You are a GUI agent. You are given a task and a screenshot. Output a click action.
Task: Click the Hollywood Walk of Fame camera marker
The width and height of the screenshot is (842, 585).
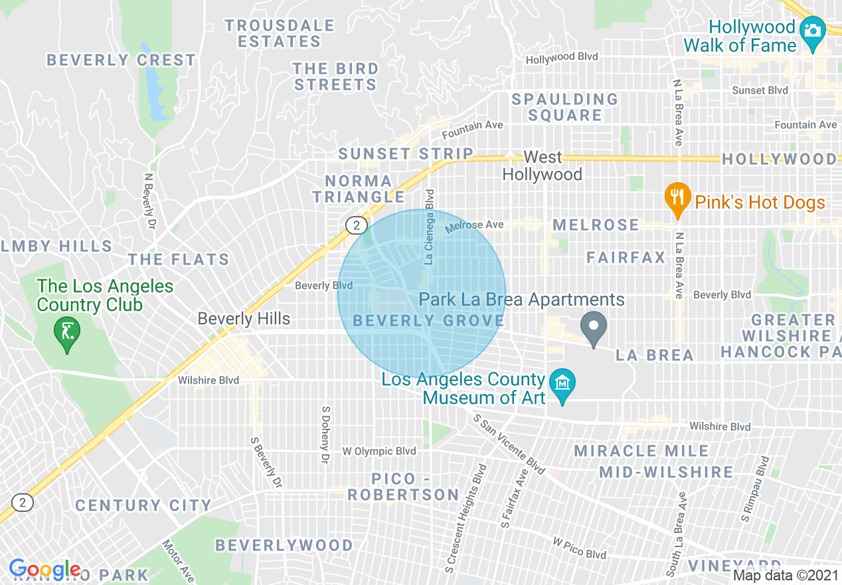click(x=811, y=31)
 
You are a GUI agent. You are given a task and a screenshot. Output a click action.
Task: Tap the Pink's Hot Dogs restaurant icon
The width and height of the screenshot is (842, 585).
click(x=677, y=197)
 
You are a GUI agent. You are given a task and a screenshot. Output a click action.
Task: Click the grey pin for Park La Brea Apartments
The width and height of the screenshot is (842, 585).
click(x=594, y=326)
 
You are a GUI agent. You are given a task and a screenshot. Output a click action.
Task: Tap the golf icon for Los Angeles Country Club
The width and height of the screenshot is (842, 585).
click(x=67, y=330)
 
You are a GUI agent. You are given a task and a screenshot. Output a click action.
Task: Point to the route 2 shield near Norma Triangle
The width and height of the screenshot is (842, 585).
click(x=357, y=225)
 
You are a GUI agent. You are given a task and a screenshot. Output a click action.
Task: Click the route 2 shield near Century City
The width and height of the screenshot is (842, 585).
click(x=23, y=502)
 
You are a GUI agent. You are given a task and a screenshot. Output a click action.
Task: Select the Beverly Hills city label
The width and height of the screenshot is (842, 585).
click(x=244, y=318)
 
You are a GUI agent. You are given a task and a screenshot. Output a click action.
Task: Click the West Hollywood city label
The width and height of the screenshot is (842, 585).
click(x=542, y=166)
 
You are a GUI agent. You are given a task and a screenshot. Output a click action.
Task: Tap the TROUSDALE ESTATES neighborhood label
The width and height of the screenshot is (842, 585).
click(x=279, y=33)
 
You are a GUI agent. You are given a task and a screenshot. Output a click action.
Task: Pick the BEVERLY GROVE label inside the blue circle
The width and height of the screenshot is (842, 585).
click(x=428, y=321)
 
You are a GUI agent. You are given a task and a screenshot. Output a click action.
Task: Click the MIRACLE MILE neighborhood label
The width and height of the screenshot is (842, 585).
click(x=641, y=451)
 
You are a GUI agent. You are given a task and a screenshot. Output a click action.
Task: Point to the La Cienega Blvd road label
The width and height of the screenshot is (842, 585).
click(x=430, y=227)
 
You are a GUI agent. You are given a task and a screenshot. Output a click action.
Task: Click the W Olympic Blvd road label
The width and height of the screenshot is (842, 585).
click(x=379, y=451)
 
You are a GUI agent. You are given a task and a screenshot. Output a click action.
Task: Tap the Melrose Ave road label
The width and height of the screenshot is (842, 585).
click(x=474, y=225)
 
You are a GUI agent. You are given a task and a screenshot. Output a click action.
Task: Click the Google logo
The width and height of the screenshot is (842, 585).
click(x=44, y=569)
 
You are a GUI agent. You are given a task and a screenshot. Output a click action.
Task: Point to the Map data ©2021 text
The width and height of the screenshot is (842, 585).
click(x=786, y=575)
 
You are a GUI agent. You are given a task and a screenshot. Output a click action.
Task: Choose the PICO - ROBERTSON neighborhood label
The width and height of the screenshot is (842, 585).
click(x=403, y=487)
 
